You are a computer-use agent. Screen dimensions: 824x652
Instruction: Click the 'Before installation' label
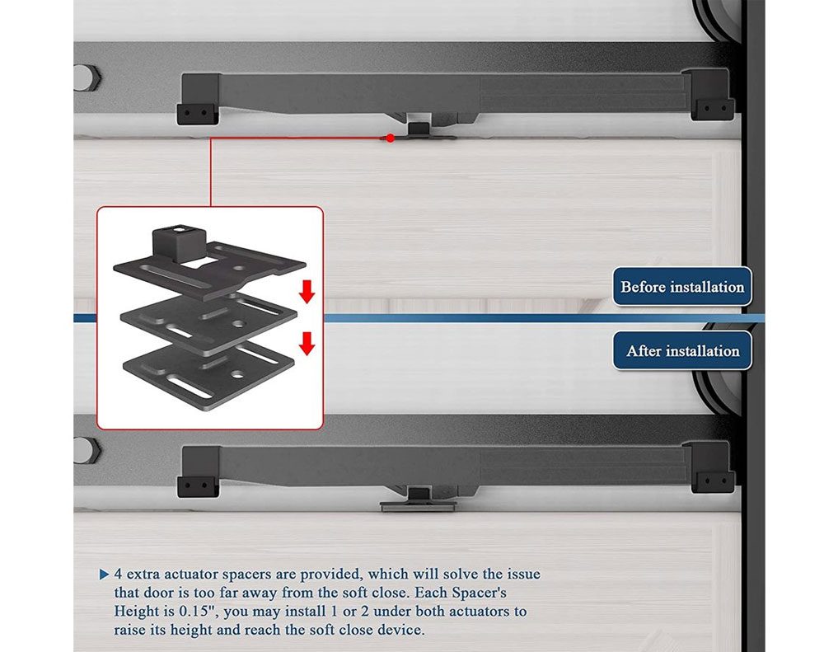pyautogui.click(x=682, y=287)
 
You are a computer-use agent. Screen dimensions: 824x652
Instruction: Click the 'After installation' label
pyautogui.click(x=682, y=350)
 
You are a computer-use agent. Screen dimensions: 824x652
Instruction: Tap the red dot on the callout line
pyautogui.click(x=390, y=138)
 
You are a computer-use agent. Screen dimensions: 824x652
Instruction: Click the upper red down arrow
pyautogui.click(x=307, y=291)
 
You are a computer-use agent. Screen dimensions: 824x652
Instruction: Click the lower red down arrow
pyautogui.click(x=307, y=344)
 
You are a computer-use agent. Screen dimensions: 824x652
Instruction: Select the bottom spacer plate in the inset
pyautogui.click(x=208, y=377)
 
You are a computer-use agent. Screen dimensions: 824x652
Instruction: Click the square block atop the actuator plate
pyautogui.click(x=178, y=243)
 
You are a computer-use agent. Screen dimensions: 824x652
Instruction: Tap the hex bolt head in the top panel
pyautogui.click(x=86, y=77)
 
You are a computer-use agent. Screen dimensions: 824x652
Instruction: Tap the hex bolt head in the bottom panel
pyautogui.click(x=86, y=451)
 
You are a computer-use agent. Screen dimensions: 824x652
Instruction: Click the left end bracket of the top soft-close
pyautogui.click(x=199, y=99)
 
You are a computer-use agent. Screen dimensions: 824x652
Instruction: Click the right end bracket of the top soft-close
pyautogui.click(x=709, y=94)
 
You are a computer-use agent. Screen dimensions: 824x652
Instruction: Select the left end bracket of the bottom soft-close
pyautogui.click(x=199, y=471)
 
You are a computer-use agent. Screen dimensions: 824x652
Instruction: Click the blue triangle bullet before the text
pyautogui.click(x=104, y=575)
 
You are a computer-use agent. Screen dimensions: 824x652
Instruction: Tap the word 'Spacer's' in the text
pyautogui.click(x=479, y=593)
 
